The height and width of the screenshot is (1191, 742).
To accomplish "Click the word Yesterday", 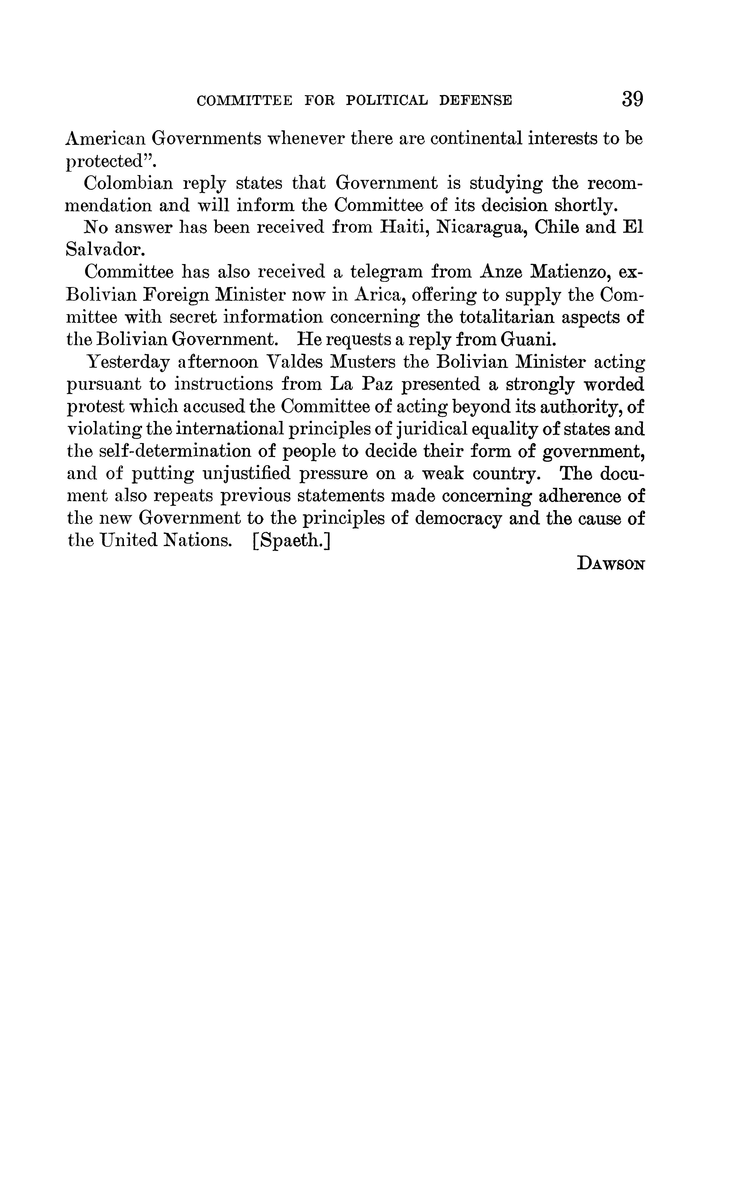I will (128, 362).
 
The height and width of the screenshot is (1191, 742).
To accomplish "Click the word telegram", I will (385, 272).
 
